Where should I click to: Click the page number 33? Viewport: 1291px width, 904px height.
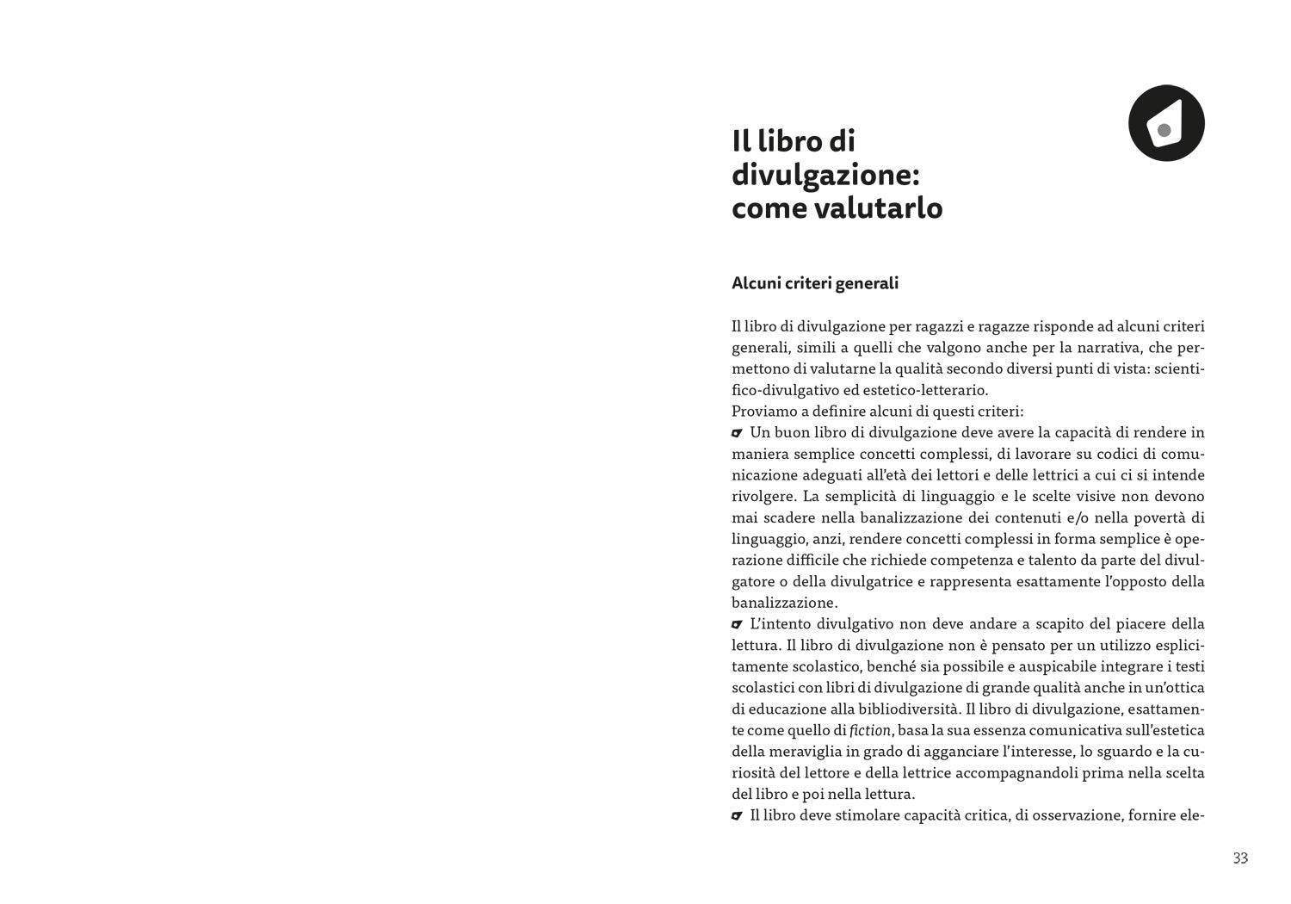point(1240,858)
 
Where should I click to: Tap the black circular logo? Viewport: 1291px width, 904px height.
point(1166,123)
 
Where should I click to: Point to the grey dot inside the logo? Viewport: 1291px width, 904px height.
point(1164,131)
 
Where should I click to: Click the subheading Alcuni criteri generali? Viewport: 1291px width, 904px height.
point(814,283)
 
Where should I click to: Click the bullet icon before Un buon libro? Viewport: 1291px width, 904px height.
point(737,432)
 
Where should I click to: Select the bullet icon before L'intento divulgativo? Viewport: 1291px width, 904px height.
point(737,623)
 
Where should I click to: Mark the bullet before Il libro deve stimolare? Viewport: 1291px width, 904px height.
point(737,814)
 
